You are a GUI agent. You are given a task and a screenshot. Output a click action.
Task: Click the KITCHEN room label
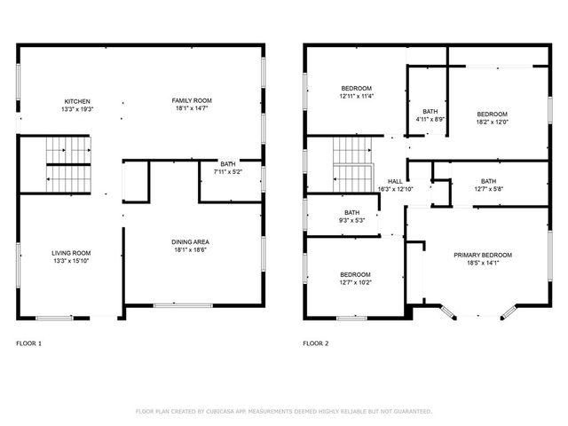pyautogui.click(x=76, y=101)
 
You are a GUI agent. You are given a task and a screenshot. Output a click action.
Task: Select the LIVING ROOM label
pyautogui.click(x=71, y=253)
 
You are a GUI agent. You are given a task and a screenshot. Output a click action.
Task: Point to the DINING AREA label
pyautogui.click(x=190, y=241)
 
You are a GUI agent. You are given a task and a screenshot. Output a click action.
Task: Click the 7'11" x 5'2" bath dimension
pyautogui.click(x=228, y=172)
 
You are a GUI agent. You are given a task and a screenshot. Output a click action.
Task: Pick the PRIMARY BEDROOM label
pyautogui.click(x=483, y=255)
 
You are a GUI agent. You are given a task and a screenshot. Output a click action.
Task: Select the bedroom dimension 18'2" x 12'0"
pyautogui.click(x=492, y=122)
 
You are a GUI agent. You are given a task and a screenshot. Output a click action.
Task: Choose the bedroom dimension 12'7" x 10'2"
pyautogui.click(x=355, y=282)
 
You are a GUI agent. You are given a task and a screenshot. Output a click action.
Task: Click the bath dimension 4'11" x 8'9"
pyautogui.click(x=430, y=119)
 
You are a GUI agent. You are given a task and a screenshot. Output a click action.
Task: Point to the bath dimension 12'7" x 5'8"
pyautogui.click(x=488, y=188)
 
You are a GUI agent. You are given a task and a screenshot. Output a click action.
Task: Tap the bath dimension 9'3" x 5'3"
pyautogui.click(x=352, y=221)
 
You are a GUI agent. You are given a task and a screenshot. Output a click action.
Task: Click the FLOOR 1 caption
pyautogui.click(x=29, y=343)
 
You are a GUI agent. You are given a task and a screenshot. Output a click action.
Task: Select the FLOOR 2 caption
pyautogui.click(x=316, y=343)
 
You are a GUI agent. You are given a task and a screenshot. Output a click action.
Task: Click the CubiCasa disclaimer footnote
pyautogui.click(x=283, y=411)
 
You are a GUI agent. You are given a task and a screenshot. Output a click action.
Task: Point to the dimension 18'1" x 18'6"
pyautogui.click(x=190, y=249)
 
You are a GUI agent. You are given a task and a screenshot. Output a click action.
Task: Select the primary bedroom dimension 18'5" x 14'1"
pyautogui.click(x=483, y=263)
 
